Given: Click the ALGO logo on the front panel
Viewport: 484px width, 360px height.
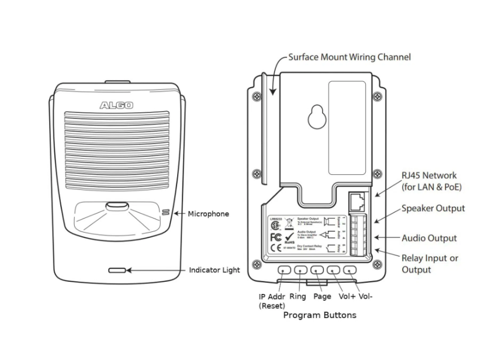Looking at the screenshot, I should click(x=116, y=106).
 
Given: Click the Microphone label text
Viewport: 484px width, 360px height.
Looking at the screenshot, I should click(x=208, y=214).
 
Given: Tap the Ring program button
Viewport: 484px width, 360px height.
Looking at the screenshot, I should click(x=301, y=270).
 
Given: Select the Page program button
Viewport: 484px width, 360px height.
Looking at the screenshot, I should click(x=317, y=270).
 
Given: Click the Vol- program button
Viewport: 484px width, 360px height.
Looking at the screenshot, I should click(x=350, y=270).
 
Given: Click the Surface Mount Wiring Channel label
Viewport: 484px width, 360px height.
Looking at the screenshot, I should click(x=350, y=57).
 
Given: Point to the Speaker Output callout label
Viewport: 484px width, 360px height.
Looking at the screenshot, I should click(x=433, y=209).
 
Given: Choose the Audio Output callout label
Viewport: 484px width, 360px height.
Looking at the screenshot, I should click(x=429, y=238).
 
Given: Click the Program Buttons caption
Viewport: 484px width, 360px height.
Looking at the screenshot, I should click(x=319, y=315).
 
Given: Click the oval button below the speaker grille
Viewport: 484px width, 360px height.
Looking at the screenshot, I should click(x=117, y=207).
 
